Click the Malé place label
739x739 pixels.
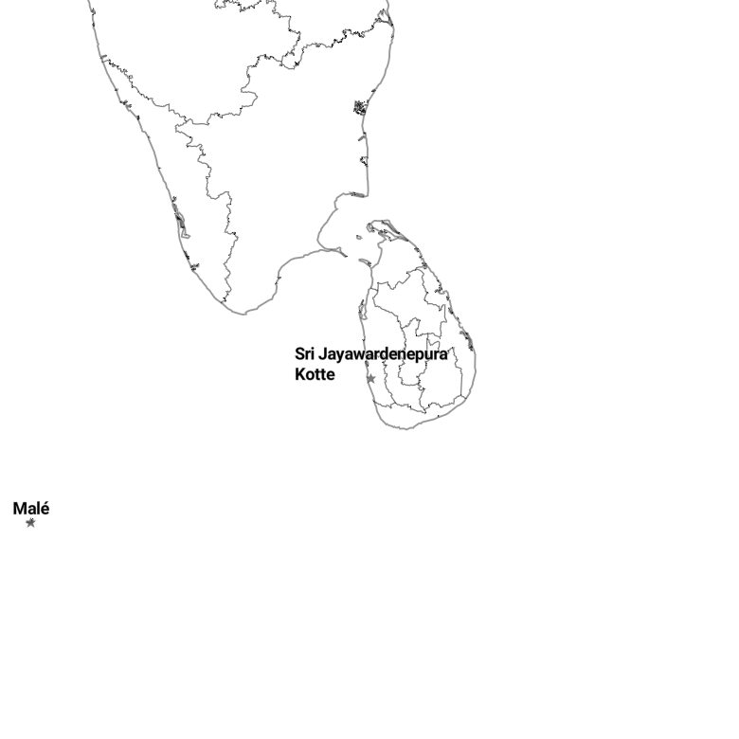coord(31,509)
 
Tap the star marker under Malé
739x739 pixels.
coord(30,523)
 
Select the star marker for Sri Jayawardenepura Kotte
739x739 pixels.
coord(370,378)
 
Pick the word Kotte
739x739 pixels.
coord(315,374)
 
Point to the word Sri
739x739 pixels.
coord(304,353)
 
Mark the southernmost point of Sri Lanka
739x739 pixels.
coord(405,428)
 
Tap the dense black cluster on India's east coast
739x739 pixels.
coord(360,107)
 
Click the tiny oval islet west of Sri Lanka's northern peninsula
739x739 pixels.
coord(359,238)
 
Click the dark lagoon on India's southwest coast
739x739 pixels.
coord(180,220)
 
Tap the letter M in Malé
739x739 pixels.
coord(19,509)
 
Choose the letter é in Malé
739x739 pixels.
coord(45,509)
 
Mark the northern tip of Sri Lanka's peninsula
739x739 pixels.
coord(374,221)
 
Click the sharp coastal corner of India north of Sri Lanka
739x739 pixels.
coord(368,194)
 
